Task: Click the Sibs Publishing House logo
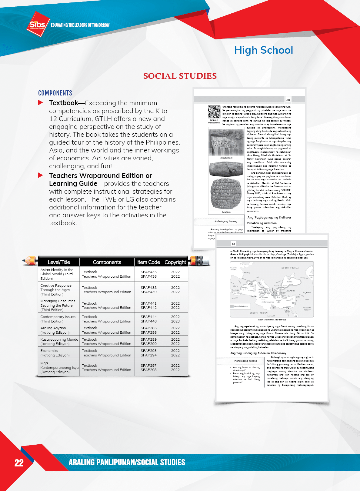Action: [38, 24]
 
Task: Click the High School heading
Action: [263, 50]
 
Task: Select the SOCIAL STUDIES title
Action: [180, 76]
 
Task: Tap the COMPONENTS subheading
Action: [55, 93]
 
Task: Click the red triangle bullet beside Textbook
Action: [41, 103]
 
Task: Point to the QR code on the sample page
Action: [214, 112]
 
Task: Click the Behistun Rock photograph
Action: [226, 142]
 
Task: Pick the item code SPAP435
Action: [148, 272]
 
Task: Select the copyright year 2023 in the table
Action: [175, 321]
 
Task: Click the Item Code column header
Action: [148, 262]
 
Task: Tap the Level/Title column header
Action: [58, 262]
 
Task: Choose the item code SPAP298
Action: [148, 370]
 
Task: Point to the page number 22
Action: [19, 463]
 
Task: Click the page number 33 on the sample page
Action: [288, 100]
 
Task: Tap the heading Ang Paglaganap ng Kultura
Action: [269, 217]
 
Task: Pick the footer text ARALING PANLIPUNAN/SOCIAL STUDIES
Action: [127, 462]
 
